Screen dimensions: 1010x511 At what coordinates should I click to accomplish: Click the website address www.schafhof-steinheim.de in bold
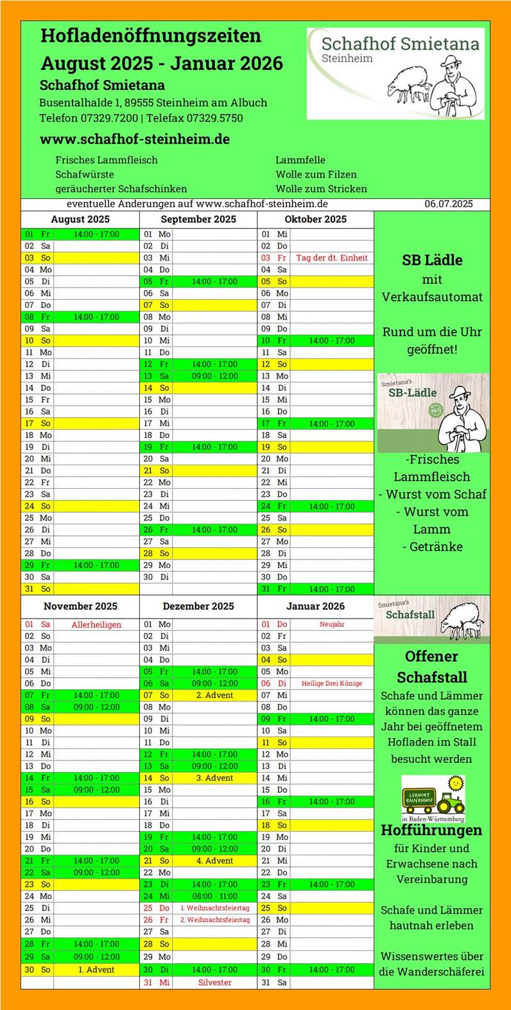coord(135,139)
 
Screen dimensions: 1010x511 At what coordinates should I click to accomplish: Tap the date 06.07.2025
coord(448,204)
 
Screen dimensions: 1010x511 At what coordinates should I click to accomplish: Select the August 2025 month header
coord(80,219)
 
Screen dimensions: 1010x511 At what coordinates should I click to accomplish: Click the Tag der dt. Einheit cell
coord(332,258)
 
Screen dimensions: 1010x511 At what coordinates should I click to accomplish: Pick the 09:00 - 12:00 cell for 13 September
coord(214,376)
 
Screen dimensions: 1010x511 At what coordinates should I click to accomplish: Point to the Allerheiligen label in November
coord(96,624)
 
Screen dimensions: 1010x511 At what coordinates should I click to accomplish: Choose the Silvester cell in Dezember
coord(214,982)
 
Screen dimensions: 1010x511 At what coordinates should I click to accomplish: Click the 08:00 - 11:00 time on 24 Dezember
coord(214,896)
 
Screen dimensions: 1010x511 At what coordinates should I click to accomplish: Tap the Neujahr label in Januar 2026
coord(332,624)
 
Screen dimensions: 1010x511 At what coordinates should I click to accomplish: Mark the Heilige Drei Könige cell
coord(332,683)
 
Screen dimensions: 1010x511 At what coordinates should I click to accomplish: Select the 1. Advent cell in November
coord(96,970)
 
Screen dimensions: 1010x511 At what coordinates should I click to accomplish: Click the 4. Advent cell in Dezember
coord(214,861)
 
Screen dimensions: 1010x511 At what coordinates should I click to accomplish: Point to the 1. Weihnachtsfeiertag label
coord(214,908)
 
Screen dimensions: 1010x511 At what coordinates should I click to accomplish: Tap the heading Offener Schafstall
coord(431,667)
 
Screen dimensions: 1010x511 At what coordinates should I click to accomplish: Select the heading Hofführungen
coord(431,830)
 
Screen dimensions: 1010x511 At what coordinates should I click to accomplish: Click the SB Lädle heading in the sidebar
coord(431,261)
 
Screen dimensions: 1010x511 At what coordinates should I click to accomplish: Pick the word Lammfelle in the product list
coord(300,160)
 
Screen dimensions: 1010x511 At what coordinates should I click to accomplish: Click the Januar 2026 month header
coord(315,606)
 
